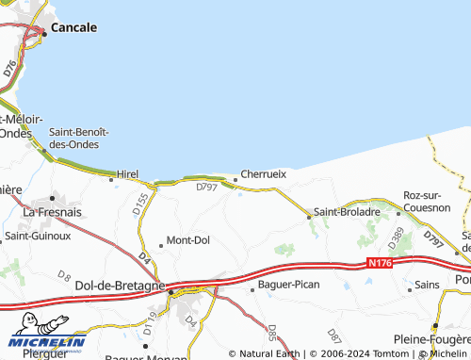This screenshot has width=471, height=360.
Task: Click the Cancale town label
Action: pyautogui.click(x=73, y=28)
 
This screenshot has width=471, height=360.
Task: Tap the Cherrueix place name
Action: pyautogui.click(x=263, y=173)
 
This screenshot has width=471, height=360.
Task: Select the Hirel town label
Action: pyautogui.click(x=127, y=174)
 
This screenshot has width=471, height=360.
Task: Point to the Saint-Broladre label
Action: pyautogui.click(x=347, y=212)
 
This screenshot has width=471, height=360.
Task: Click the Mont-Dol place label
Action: pyautogui.click(x=187, y=240)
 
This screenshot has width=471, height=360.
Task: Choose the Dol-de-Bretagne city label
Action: pyautogui.click(x=120, y=285)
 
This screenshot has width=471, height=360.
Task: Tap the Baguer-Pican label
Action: pyautogui.click(x=289, y=284)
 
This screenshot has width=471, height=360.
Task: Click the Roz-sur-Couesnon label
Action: pyautogui.click(x=427, y=201)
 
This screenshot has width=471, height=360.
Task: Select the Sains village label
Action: pyautogui.click(x=427, y=285)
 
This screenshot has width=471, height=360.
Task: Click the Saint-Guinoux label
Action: pyautogui.click(x=38, y=236)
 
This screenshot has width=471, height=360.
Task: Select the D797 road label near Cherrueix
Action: pyautogui.click(x=206, y=188)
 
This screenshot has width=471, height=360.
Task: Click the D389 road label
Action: pyautogui.click(x=397, y=236)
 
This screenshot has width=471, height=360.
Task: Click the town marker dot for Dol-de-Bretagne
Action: pyautogui.click(x=171, y=291)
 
